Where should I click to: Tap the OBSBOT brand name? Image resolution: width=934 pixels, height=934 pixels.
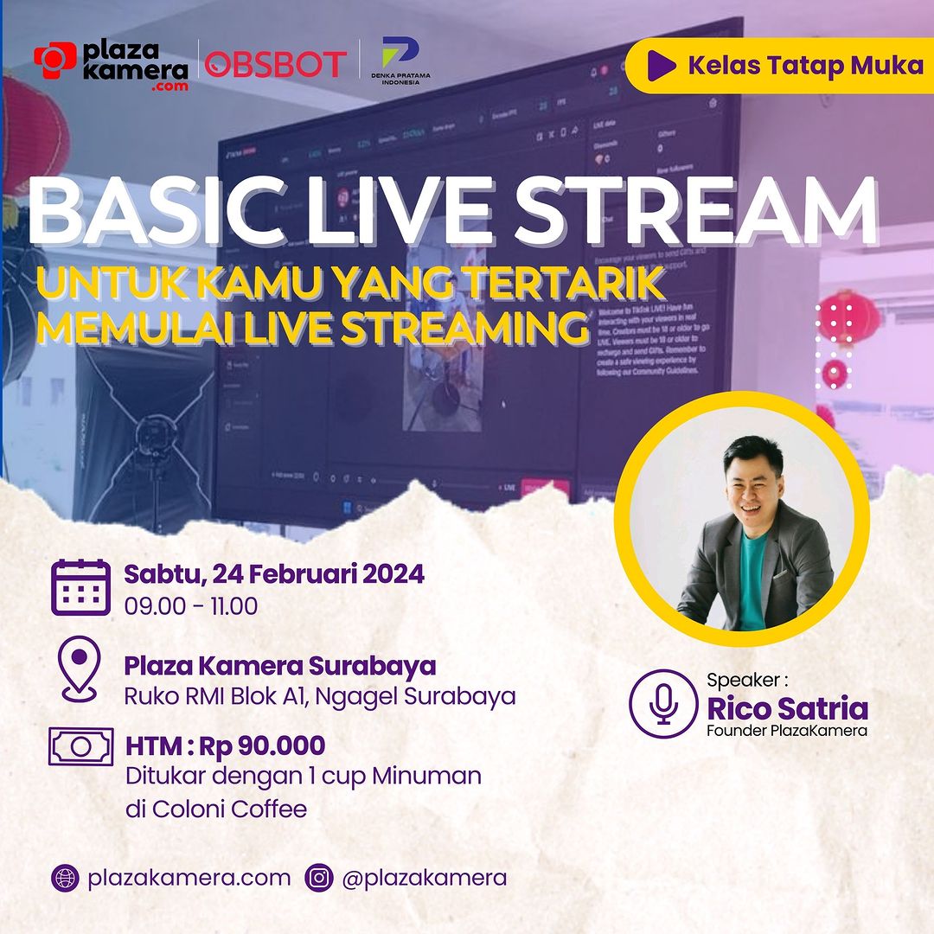click(x=276, y=64)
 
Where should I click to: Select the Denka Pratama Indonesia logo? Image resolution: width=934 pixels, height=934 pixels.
click(x=400, y=61)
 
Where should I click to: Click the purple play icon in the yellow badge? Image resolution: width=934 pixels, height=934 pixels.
click(x=662, y=65)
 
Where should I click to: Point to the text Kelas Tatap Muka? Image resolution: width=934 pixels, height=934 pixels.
click(x=805, y=65)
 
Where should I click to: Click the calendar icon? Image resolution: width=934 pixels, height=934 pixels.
click(x=80, y=587)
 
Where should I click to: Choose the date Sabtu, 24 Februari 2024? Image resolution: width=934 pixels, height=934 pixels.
click(x=274, y=573)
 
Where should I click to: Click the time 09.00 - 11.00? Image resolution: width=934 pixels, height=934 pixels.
click(x=190, y=606)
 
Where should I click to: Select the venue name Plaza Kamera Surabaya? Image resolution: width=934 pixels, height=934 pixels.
click(x=279, y=666)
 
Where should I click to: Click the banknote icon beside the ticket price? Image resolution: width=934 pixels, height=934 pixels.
click(x=80, y=745)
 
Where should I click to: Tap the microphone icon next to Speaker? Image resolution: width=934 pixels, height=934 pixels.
click(x=662, y=703)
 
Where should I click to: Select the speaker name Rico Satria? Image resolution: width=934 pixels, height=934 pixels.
click(x=787, y=708)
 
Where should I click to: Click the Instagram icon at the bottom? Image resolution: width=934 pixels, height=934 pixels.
click(x=319, y=878)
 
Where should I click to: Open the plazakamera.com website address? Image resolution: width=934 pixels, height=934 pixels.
click(x=189, y=878)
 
